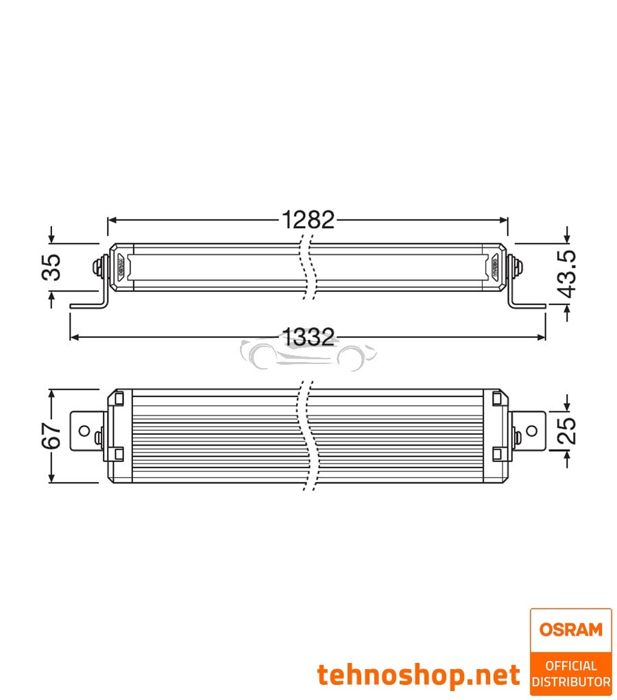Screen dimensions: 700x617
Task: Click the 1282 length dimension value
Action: (x=308, y=220)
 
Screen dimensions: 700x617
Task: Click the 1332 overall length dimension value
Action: (x=308, y=337)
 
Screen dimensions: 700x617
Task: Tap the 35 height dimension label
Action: (x=52, y=267)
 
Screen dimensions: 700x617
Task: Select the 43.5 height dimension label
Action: (x=568, y=274)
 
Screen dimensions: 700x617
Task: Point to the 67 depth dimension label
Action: (x=52, y=436)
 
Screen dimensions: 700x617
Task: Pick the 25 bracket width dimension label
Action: (x=568, y=431)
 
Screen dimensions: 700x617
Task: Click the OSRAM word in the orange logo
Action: (x=570, y=629)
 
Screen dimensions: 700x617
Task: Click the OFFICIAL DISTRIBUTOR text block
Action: (x=570, y=673)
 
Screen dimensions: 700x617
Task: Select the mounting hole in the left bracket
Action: (x=84, y=431)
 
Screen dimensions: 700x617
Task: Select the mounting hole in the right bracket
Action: (x=531, y=431)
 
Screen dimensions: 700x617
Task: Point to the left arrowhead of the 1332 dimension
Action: (x=74, y=337)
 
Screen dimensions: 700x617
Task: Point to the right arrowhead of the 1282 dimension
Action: (x=504, y=220)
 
